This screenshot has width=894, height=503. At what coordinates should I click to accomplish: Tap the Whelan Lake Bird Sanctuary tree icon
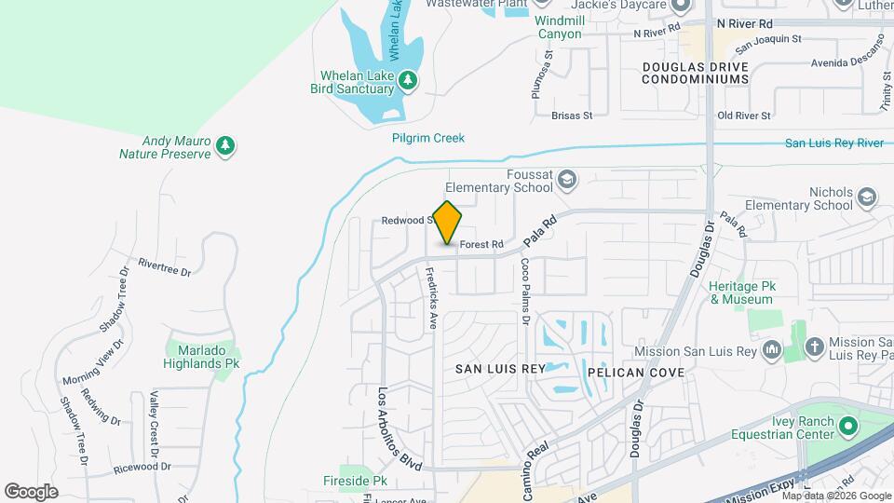(407, 81)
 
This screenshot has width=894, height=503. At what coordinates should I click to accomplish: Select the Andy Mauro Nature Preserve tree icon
(224, 145)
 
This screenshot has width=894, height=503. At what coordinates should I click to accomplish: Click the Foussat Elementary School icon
(567, 179)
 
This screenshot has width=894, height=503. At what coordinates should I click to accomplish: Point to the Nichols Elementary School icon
(867, 197)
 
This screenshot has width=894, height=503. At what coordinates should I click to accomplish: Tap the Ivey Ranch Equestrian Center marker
(847, 428)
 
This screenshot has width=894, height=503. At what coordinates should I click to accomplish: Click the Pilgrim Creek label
(427, 138)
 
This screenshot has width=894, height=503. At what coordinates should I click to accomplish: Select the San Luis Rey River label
(833, 143)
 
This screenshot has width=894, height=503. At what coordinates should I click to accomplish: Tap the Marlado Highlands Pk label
(201, 356)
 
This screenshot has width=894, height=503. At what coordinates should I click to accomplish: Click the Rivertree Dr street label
(164, 267)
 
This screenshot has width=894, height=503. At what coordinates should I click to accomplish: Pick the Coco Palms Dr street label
(525, 292)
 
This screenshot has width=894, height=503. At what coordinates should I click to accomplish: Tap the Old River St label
(743, 116)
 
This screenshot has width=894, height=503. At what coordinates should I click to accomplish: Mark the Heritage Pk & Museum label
(741, 292)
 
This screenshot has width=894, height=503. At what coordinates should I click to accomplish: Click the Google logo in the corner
(31, 491)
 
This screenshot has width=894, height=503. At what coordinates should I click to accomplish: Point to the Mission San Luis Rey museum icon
(771, 350)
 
